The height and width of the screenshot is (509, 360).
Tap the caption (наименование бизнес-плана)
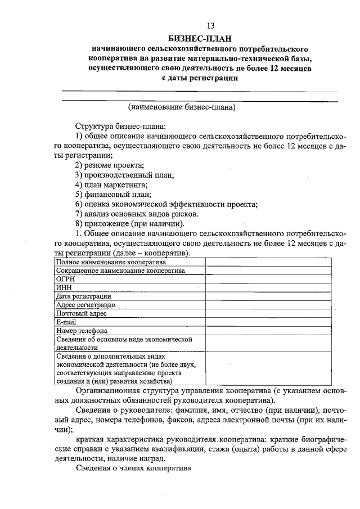(x=181, y=106)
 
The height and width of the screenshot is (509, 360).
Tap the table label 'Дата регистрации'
(x=83, y=296)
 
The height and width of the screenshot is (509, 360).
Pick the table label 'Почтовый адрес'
(x=82, y=313)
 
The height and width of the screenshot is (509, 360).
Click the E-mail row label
(x=66, y=322)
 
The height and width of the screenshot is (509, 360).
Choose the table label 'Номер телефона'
(x=82, y=331)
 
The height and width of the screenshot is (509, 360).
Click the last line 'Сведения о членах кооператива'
(x=134, y=468)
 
